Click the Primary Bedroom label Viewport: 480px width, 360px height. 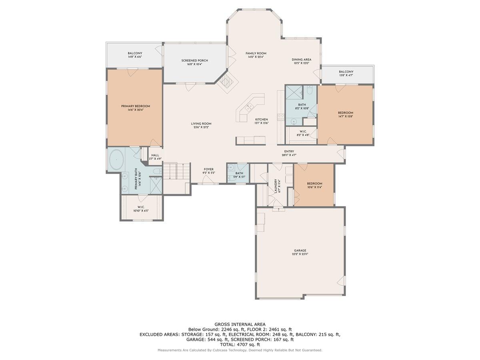pos(136,106)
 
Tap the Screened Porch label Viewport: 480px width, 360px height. pos(194,61)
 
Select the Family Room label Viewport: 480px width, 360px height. pos(256,53)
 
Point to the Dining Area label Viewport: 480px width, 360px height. pos(301,60)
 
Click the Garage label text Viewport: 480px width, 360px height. pos(300,251)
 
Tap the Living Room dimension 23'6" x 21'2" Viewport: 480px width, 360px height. pos(201,127)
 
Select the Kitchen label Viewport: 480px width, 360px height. pos(262,119)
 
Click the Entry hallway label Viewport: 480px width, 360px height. pos(289,151)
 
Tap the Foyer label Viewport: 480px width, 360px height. pos(208,169)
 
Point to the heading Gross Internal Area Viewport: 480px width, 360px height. pos(240,324)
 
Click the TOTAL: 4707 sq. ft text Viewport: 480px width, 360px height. pos(240,344)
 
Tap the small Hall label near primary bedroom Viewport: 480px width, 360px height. pos(155,155)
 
